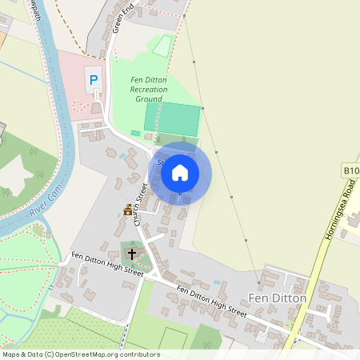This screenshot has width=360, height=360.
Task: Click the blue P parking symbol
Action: (94, 80)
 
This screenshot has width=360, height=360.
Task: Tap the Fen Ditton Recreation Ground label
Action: (149, 90)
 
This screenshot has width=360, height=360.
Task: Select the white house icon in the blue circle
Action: (180, 173)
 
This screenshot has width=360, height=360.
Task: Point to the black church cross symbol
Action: (132, 254)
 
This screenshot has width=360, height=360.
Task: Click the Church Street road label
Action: (142, 203)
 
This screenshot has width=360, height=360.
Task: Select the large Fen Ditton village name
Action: (278, 298)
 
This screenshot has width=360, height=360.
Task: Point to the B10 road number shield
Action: (351, 170)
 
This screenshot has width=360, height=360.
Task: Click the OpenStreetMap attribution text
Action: (81, 354)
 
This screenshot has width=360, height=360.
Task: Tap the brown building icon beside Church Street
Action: (127, 211)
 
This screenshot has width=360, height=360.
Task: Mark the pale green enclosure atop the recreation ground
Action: (162, 46)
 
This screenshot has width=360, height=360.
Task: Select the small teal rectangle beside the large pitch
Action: (134, 132)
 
